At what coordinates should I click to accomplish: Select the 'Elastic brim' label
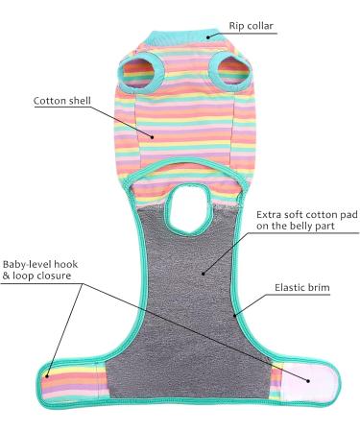[300, 286]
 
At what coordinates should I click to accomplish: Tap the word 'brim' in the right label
[315, 286]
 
